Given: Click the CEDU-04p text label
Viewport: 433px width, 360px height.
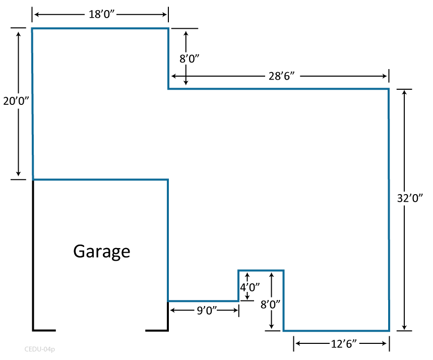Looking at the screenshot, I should coord(40,349).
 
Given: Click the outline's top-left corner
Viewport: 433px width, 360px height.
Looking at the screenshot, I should coord(32,29).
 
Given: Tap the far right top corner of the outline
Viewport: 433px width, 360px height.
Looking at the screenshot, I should coord(389,89).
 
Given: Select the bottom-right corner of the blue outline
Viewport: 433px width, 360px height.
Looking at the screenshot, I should coord(389,331).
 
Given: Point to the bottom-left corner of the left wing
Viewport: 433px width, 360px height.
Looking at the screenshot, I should coord(33,179).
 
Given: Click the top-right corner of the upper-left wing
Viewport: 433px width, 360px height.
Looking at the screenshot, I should coord(168,29).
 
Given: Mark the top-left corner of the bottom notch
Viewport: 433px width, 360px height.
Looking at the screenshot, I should coord(238,271).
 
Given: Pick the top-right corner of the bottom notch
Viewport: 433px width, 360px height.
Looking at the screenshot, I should coord(283,271).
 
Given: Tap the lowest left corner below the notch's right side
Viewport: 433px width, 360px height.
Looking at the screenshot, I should coord(283,331).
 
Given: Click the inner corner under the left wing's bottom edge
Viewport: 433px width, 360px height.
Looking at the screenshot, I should coord(168,179).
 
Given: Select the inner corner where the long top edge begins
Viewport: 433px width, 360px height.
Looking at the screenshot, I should coord(168,89).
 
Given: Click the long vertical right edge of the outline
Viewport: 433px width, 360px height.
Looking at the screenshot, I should coord(389,212).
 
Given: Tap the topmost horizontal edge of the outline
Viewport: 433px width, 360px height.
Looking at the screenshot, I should coord(101,29).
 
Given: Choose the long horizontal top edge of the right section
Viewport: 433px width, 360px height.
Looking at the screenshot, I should coord(277,89).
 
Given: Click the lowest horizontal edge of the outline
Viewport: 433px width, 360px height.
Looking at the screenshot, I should coord(336,331).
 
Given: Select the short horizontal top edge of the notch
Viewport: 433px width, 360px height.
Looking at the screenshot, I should coord(261,271).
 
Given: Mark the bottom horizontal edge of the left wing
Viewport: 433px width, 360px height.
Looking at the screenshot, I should coord(101,179).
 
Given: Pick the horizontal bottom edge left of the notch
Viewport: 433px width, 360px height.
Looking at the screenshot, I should coord(203,301).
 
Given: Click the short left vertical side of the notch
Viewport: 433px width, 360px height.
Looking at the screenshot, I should coord(238,286).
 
